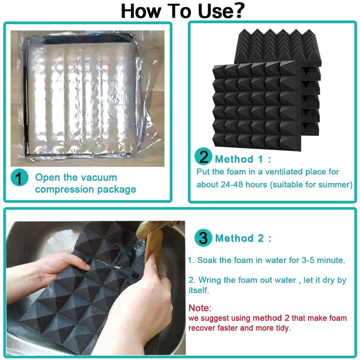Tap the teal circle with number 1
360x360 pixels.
pos(19,178)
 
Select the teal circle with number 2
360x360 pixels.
pos(203,156)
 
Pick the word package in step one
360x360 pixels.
pos(116,189)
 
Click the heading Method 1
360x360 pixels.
pos(243,159)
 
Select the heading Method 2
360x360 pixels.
pos(243,238)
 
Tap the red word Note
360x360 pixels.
pos(199,308)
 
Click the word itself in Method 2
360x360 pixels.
pos(198,290)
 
